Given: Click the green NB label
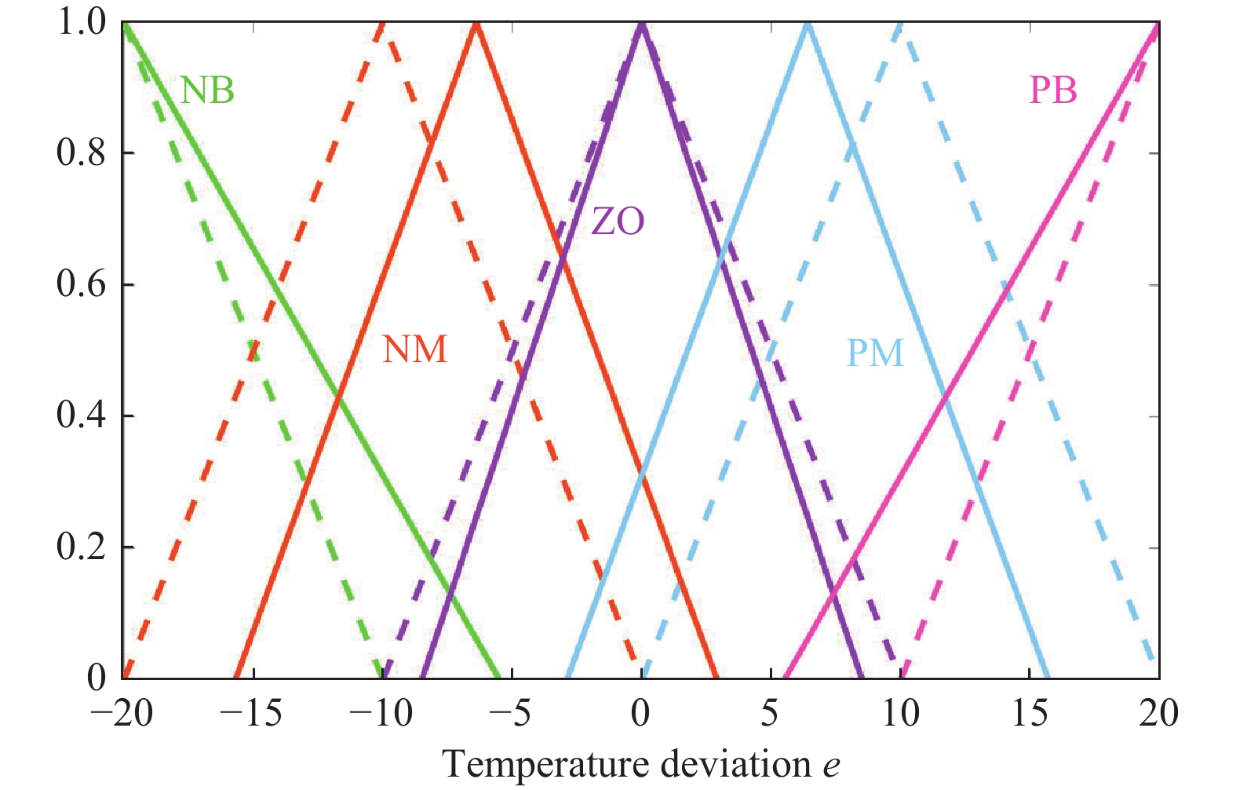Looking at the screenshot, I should coord(207,91).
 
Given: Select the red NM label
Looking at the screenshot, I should coord(414,349).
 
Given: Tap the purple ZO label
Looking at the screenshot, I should coord(618,222).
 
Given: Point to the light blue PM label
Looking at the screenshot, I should coord(874,353).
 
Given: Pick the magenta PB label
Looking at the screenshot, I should coord(1052,91).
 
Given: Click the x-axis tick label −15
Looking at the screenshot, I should coord(250,714).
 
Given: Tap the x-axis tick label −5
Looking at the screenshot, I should coord(510,714).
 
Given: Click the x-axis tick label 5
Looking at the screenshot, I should coord(770,714).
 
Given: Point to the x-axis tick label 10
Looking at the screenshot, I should coord(899,714).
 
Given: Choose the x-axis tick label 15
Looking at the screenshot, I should coord(1029,714).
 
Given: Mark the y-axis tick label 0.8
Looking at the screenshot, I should coord(81,153).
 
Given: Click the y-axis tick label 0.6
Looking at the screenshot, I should coord(81,284).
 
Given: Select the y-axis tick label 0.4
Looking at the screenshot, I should coord(81,415).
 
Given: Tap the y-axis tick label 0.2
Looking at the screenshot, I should coord(81,547).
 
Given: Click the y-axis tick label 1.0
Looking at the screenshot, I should coord(81,23).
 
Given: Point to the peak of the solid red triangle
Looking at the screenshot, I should coord(476,24).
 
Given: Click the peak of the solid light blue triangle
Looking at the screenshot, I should coord(808,24).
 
